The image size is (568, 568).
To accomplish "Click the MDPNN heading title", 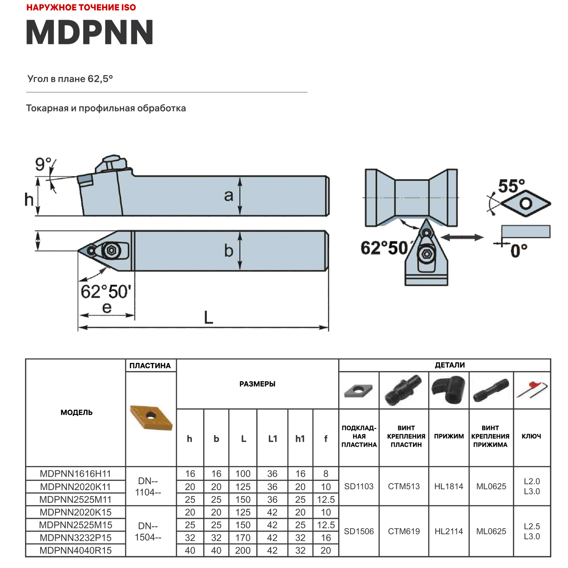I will tap(90, 33).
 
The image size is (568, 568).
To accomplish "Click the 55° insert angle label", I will tap(511, 186).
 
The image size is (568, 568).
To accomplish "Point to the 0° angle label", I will tap(519, 250).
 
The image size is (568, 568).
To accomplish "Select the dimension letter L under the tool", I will tap(208, 317).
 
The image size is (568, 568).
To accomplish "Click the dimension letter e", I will tap(107, 307).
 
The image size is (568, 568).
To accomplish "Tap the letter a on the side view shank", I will tap(228, 196).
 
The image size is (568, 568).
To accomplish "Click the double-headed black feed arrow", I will tap(462, 237).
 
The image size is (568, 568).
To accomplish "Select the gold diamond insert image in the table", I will tap(151, 417).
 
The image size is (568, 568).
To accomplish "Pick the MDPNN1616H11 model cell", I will tap(75, 474).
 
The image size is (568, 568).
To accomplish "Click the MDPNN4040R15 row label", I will tap(75, 550).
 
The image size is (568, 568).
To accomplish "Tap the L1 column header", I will tap(272, 438).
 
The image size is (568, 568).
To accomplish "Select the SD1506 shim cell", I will tap(359, 531).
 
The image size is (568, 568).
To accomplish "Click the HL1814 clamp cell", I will tap(449, 486).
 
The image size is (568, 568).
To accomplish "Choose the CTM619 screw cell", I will tap(404, 531).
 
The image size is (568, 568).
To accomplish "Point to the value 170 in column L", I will tap(243, 538).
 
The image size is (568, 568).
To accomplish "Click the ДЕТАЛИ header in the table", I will tap(449, 365).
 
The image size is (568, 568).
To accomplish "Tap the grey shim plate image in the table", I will tap(359, 390).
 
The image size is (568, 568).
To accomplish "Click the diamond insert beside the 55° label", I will tap(526, 203).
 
